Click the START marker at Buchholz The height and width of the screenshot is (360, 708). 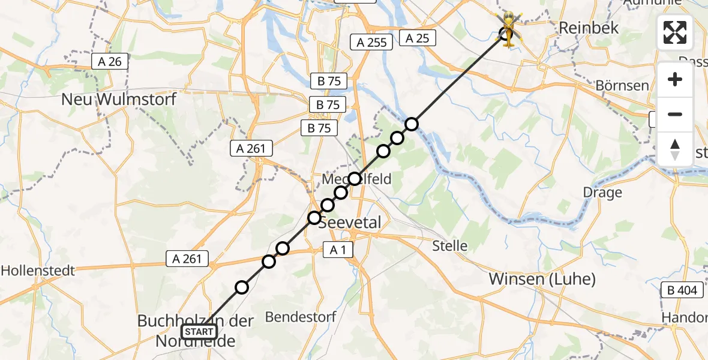point(199,331)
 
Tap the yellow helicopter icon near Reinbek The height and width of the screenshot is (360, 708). point(508,29)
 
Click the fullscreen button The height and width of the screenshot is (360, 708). point(675,32)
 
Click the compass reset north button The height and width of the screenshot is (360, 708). point(675,149)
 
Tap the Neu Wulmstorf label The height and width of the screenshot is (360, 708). point(119,99)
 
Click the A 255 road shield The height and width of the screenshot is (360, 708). point(372,42)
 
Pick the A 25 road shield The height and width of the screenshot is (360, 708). point(417,38)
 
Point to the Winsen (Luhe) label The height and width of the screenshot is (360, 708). point(542,279)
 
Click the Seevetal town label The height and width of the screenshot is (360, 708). point(349,223)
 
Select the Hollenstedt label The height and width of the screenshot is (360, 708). point(38,271)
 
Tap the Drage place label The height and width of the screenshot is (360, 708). point(602,193)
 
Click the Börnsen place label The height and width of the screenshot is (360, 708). point(622,86)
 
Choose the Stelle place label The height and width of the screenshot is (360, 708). point(450,245)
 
